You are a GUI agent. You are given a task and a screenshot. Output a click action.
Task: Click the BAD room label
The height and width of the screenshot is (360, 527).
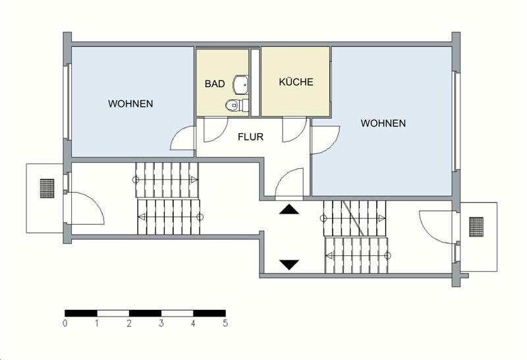click(x=215, y=84)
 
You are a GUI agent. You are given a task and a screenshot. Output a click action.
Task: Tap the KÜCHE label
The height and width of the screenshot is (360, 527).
click(x=296, y=82)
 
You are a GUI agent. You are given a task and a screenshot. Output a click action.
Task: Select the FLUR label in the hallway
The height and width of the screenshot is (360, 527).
click(x=250, y=137)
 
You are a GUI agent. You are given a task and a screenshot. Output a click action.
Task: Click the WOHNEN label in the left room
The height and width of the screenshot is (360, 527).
click(x=131, y=104)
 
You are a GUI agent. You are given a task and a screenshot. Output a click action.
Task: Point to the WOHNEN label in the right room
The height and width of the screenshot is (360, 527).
click(x=383, y=123)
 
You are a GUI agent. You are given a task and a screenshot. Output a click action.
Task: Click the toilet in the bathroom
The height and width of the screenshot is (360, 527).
click(x=233, y=104)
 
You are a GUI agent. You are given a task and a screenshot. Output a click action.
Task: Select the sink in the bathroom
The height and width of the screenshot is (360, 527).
click(x=241, y=84)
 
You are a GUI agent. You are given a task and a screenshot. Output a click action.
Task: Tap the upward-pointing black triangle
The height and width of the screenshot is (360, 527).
click(x=289, y=210)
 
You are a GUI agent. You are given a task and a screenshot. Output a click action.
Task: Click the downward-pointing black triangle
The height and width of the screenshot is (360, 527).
click(x=289, y=264)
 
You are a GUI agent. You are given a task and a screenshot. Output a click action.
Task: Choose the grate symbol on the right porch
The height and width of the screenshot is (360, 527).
click(x=476, y=226)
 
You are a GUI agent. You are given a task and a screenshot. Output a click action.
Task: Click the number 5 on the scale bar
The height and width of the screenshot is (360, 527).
click(x=225, y=324)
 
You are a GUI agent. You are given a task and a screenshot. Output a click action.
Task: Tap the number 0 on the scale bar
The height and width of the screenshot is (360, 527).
click(x=65, y=324)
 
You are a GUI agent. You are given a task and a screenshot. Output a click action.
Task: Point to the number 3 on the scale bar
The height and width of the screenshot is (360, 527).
click(x=161, y=324)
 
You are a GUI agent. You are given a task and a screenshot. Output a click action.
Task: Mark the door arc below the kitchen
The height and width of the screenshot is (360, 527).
click(x=294, y=131)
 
